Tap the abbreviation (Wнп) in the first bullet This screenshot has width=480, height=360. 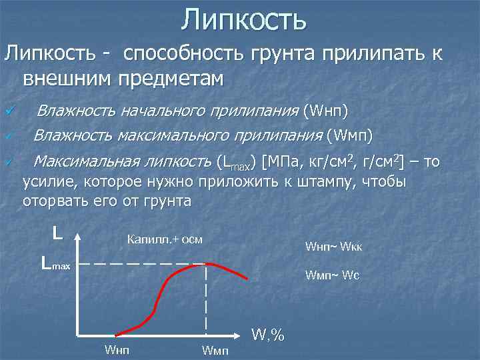tap(325, 110)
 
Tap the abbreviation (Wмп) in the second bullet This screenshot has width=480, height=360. tap(349, 136)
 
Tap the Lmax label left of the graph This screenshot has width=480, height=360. tap(55, 264)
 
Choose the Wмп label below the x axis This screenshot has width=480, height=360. tap(213, 350)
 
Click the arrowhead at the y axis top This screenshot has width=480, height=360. tap(79, 237)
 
